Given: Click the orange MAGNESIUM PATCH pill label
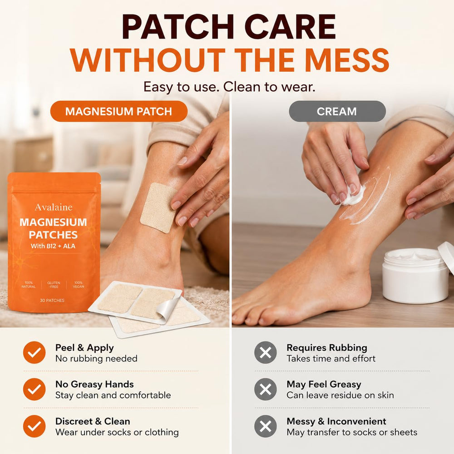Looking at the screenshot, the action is [118, 111].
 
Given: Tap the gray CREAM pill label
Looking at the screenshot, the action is [337, 111].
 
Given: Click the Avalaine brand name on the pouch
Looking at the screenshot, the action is [54, 207].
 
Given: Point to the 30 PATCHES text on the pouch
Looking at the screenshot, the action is [52, 300].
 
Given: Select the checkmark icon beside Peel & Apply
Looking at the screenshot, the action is [34, 352].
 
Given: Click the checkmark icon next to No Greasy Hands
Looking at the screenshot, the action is [34, 389].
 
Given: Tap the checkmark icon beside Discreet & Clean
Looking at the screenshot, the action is [34, 426].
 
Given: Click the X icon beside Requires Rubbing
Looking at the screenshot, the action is [266, 352].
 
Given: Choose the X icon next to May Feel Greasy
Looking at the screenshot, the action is [266, 389].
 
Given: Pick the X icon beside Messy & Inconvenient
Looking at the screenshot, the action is [266, 426].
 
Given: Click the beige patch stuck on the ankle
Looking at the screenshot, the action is [158, 207].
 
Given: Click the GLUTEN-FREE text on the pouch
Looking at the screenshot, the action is [54, 285].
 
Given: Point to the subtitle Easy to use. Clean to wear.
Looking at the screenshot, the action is [229, 87].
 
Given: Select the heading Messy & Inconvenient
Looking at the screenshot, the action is [336, 421].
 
